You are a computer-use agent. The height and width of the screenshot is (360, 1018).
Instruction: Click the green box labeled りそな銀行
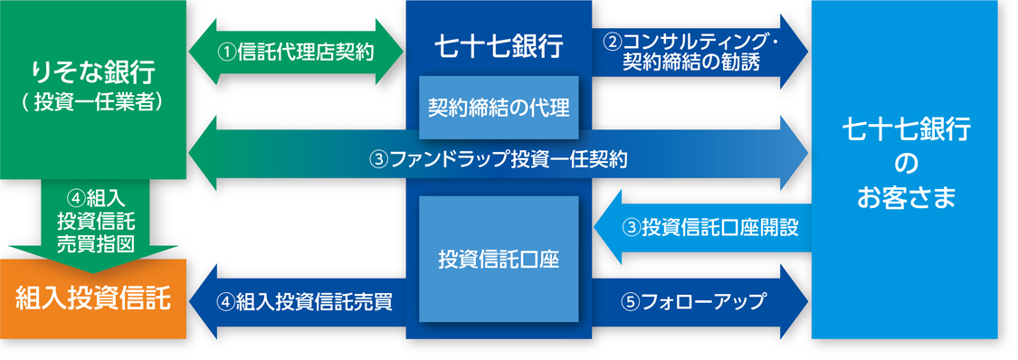[93, 90]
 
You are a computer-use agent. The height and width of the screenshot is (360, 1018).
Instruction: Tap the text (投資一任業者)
[93, 103]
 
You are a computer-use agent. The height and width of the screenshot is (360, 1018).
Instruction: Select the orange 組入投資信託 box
[93, 299]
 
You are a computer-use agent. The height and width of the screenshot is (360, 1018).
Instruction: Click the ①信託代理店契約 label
[295, 52]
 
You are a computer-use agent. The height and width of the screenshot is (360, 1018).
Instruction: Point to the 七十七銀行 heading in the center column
[499, 46]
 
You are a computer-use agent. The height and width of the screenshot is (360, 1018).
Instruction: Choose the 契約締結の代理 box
[499, 108]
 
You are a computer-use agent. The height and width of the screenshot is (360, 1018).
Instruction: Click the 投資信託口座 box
[499, 259]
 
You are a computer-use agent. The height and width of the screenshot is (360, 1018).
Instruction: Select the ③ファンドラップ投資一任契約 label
[498, 158]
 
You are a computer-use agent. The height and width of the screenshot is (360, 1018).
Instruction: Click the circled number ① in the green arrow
[227, 52]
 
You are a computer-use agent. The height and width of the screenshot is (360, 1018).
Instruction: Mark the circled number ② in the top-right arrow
[613, 42]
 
